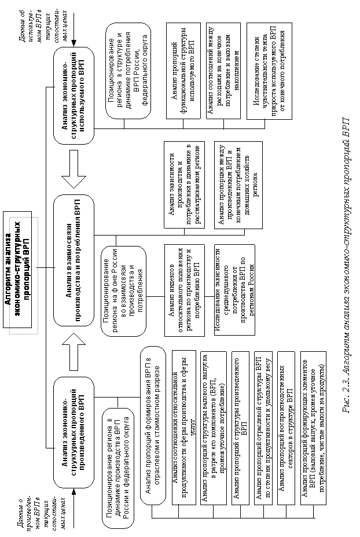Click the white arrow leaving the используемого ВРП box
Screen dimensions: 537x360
tap(74, 170)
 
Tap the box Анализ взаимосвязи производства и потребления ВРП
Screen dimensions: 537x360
tap(74, 260)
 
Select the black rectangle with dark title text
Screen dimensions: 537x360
tap(24, 275)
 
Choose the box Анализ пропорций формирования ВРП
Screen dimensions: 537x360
tap(153, 425)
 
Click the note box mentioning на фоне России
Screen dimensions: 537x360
tap(123, 290)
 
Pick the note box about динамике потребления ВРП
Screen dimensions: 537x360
tap(128, 71)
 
